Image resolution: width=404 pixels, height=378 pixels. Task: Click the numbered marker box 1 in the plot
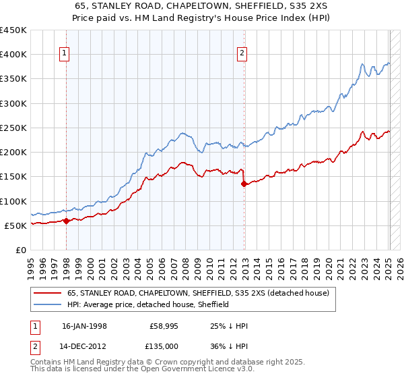click(64, 54)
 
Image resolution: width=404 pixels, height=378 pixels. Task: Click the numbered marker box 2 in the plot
click(242, 54)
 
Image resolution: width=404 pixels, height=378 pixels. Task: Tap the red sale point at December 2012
click(244, 183)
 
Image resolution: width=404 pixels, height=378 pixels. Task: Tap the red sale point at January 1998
click(67, 221)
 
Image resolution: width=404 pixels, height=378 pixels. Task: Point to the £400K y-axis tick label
click(13, 55)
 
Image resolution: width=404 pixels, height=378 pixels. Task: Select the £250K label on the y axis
click(13, 128)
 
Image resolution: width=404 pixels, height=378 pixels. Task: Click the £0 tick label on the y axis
click(20, 250)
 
